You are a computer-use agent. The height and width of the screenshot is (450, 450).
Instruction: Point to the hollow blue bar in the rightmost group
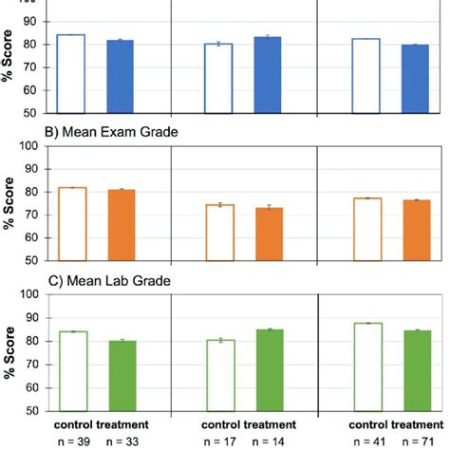(x=366, y=76)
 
